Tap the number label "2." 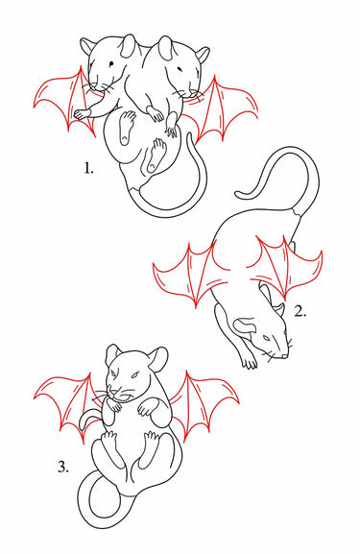click(x=300, y=311)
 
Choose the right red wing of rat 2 click(x=286, y=265)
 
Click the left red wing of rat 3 click(x=67, y=403)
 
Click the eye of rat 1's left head click(x=111, y=64)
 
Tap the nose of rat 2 click(x=285, y=356)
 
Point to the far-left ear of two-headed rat click(x=87, y=46)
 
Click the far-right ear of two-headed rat click(x=203, y=54)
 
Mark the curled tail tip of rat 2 click(x=240, y=194)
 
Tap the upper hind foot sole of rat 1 click(x=126, y=127)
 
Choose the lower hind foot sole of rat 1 click(x=156, y=155)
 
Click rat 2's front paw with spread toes click(x=250, y=362)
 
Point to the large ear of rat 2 click(x=247, y=325)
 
